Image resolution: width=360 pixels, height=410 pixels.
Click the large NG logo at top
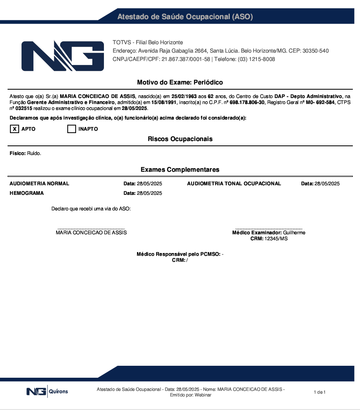pos(63,56)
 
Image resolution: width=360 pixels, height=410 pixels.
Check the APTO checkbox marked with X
pos(14,129)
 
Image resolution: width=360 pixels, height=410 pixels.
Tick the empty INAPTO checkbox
pos(72,129)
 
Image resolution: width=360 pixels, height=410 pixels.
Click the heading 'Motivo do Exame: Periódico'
pos(180,82)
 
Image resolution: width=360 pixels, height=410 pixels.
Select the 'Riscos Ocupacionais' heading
pos(180,139)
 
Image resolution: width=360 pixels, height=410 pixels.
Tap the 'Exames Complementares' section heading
pos(180,170)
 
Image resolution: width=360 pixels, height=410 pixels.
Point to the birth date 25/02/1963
pos(184,96)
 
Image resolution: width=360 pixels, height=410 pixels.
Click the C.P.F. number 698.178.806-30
pos(247,102)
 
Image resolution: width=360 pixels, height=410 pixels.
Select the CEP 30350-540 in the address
pos(315,51)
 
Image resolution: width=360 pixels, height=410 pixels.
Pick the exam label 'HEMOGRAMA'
pos(27,193)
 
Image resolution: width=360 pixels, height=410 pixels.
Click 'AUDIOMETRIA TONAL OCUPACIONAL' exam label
pos(234,184)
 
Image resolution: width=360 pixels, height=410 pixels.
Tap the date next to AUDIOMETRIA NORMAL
pos(149,184)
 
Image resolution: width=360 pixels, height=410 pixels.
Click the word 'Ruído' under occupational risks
pos(34,153)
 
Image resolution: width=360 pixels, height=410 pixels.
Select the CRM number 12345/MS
pos(276,239)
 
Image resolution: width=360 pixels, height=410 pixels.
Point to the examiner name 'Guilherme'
pos(294,233)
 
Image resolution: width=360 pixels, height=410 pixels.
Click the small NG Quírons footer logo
pos(47,392)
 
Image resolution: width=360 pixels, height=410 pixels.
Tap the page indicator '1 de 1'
pos(320,392)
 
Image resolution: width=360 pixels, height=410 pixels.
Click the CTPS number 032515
pos(23,108)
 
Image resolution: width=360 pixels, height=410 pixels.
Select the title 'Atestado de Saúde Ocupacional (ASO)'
pos(185,17)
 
